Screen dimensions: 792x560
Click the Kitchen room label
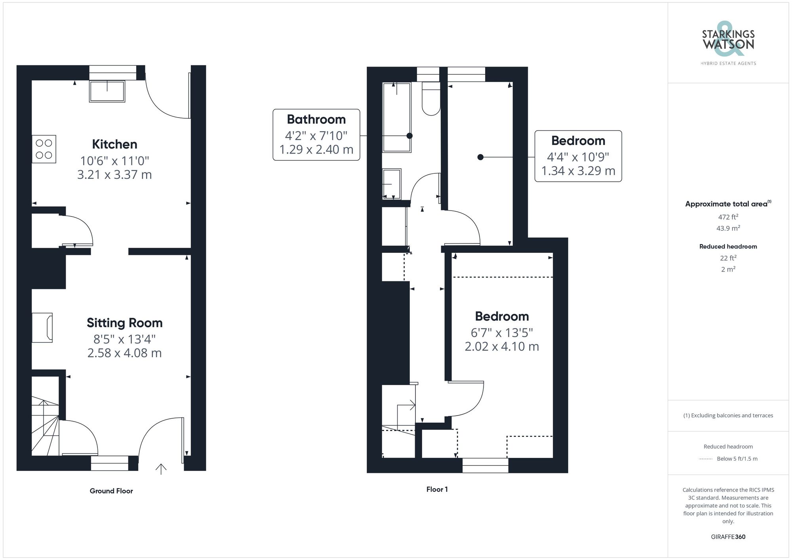114,144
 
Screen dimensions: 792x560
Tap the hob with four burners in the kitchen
44,149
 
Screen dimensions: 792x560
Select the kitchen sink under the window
107,91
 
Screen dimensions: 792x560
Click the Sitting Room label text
124,323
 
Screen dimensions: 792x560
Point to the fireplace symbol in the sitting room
43,328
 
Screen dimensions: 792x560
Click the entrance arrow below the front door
161,469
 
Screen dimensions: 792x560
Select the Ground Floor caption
111,491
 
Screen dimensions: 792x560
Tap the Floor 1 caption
437,489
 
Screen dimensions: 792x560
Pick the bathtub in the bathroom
396,117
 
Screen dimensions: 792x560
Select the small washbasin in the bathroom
392,184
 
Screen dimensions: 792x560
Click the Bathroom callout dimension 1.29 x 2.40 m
316,150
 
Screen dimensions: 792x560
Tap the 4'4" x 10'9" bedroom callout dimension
578,157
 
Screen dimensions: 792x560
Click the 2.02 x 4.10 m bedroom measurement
501,346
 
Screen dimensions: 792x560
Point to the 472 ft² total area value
728,217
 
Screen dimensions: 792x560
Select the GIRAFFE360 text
728,537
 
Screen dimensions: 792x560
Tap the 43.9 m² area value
728,228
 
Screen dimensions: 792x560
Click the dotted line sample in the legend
706,459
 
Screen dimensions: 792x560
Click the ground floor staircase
45,427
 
